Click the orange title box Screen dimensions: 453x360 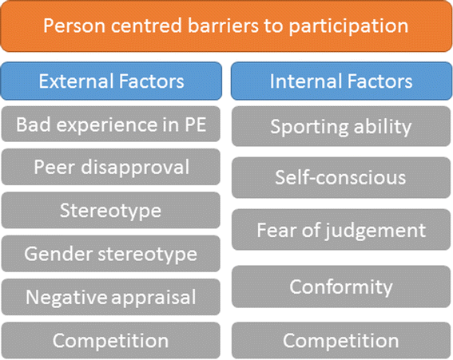(227, 26)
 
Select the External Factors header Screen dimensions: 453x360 (111, 81)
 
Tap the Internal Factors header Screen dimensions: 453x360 (341, 81)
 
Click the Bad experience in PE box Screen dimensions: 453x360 (110, 125)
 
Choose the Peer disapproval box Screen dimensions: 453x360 (110, 167)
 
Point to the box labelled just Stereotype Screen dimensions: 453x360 (110, 210)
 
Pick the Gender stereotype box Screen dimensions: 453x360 (110, 254)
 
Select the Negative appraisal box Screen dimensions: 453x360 (110, 297)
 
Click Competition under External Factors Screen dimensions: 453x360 (110, 341)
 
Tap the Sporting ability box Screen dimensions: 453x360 (341, 126)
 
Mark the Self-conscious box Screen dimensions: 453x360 (341, 177)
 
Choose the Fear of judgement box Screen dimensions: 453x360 (341, 230)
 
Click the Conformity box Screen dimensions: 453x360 (341, 287)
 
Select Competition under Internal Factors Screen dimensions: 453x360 (341, 341)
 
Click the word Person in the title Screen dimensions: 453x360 (74, 26)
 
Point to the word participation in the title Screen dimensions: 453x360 (348, 27)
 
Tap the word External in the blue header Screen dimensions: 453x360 (77, 81)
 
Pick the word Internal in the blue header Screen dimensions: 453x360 (306, 81)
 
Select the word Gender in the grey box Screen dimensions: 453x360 (59, 254)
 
